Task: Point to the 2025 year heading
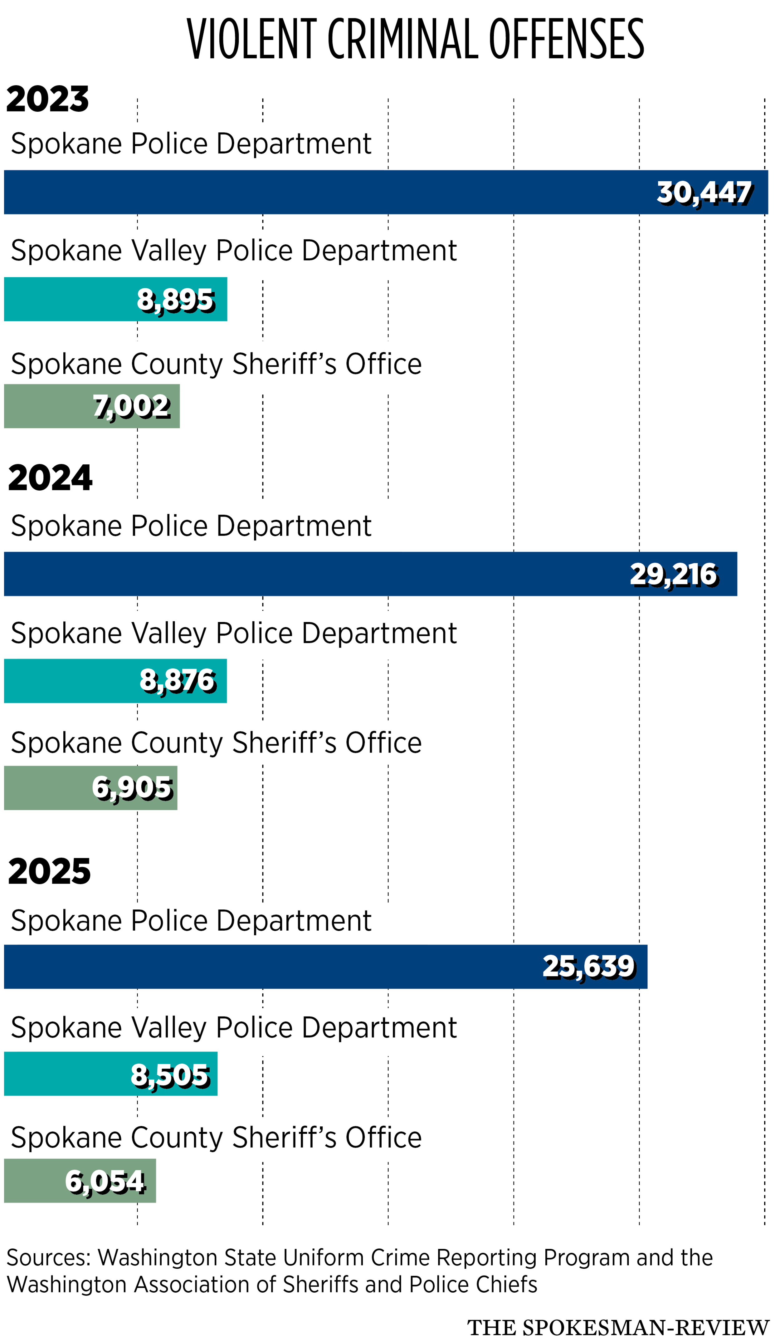[x=50, y=871]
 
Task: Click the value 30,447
[x=705, y=193]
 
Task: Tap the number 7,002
[x=132, y=407]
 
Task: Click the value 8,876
[x=178, y=681]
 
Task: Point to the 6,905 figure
[x=132, y=788]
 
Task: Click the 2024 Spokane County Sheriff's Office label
[x=216, y=743]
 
